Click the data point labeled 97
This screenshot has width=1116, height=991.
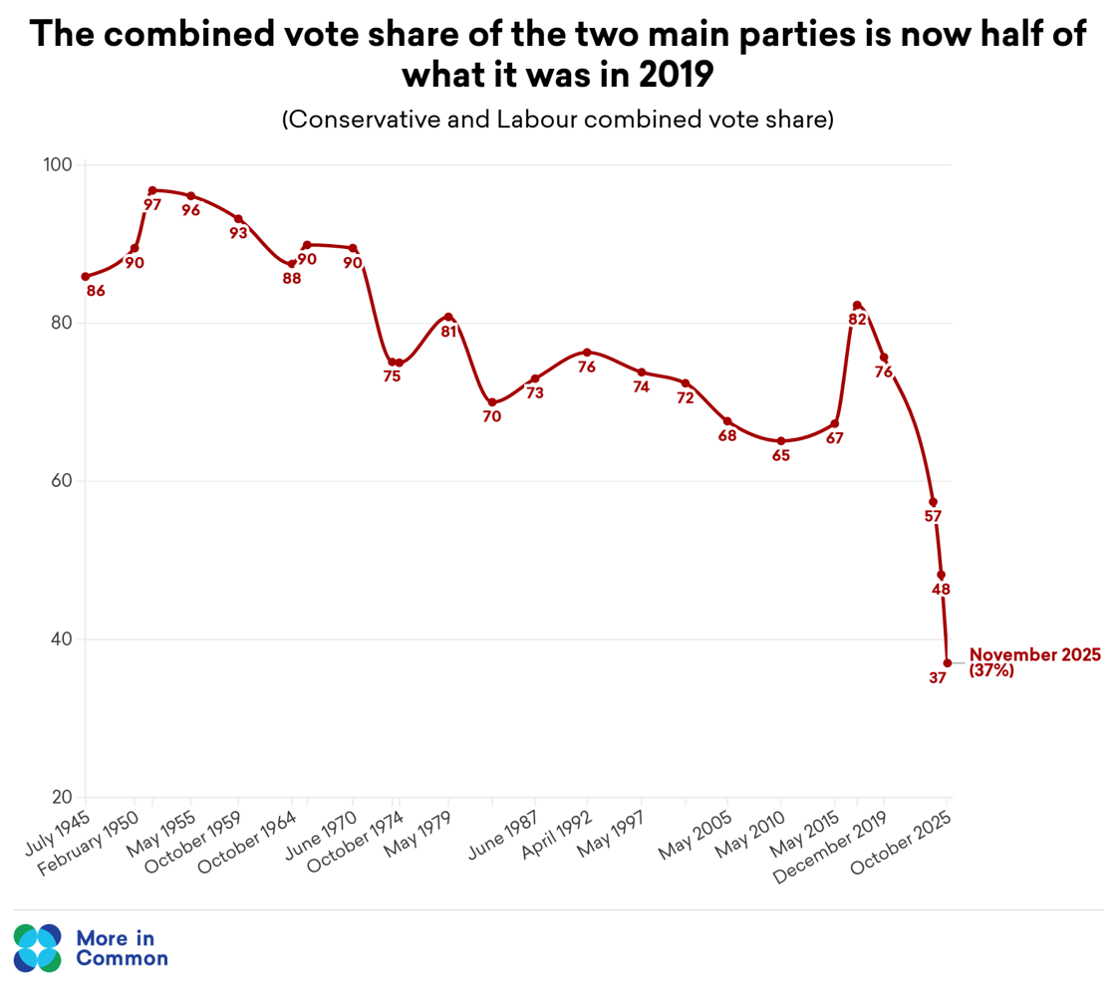(152, 190)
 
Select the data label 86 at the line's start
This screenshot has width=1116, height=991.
(96, 292)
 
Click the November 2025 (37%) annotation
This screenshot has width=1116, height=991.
(1033, 662)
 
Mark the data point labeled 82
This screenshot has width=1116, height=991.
(857, 305)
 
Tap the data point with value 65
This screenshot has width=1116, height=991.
(781, 441)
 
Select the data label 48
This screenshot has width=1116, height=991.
(941, 590)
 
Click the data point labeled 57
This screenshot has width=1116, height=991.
(933, 502)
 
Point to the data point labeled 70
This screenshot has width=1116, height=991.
(491, 402)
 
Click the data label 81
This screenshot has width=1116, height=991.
(448, 332)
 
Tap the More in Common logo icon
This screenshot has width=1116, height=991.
(38, 948)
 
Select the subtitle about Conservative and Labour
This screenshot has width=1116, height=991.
(557, 120)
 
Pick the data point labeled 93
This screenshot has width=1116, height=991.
(238, 219)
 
